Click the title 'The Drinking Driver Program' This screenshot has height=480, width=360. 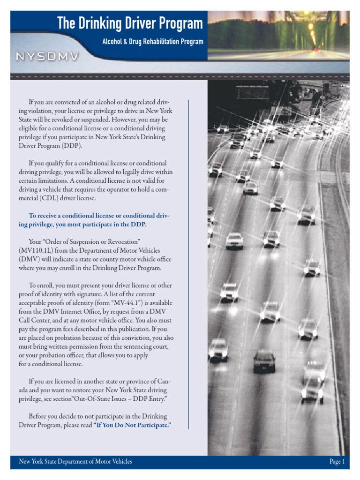tap(130, 23)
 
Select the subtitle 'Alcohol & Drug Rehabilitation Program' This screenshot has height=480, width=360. tap(153, 42)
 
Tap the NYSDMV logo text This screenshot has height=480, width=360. tap(47, 57)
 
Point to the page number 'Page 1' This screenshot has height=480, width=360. tap(337, 462)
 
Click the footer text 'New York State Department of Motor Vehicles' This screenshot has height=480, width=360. tap(75, 462)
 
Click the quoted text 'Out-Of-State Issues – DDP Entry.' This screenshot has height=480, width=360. tap(117, 398)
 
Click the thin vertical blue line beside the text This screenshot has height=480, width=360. tap(188, 262)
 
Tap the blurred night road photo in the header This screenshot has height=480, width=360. tap(278, 35)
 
